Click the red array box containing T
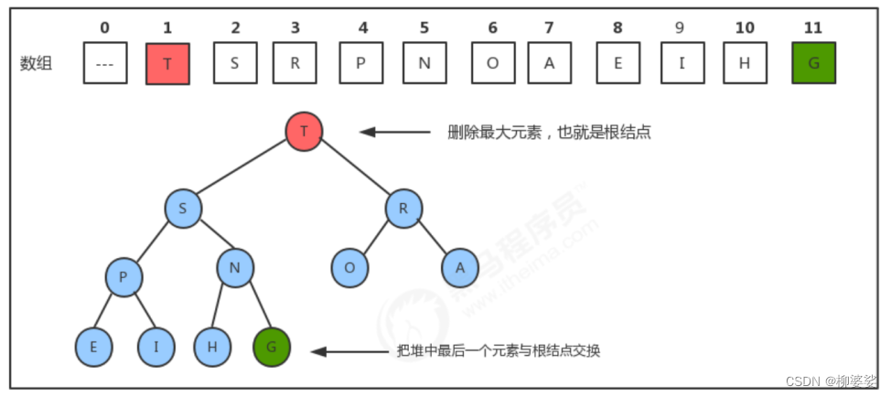(167, 64)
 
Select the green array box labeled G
(813, 64)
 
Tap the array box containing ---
(104, 64)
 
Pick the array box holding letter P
(362, 64)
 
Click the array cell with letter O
(492, 64)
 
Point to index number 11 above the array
(812, 27)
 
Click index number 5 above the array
(423, 27)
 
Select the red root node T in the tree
(304, 132)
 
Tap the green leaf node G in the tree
(271, 348)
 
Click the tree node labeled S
(183, 209)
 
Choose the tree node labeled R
(403, 209)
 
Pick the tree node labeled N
(235, 267)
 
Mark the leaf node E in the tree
(93, 348)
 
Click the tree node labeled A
(460, 267)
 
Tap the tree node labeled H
(212, 348)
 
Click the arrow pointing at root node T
(393, 132)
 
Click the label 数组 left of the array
(36, 64)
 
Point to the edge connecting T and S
(243, 170)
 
